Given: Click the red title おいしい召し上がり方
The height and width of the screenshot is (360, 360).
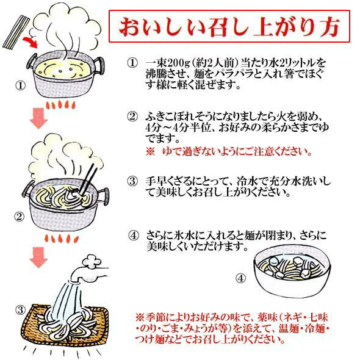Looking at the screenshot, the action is [x=229, y=27].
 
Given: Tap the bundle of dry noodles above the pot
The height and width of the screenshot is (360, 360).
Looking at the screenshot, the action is [x=16, y=32].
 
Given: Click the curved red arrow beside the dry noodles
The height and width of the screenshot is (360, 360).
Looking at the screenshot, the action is [x=30, y=43].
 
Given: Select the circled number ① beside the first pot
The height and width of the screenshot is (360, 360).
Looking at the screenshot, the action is [x=20, y=86].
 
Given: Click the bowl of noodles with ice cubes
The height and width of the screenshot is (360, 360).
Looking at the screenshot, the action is [x=292, y=271].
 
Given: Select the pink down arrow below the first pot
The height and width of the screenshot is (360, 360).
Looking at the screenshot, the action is [x=38, y=118].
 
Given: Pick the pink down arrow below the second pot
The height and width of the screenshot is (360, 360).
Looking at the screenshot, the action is [x=38, y=257].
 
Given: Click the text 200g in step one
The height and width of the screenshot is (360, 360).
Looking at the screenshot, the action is [x=178, y=63].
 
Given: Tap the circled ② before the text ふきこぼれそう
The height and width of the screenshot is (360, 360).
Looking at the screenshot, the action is [x=132, y=117].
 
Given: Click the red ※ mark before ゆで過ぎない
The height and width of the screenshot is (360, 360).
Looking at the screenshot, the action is [x=151, y=152].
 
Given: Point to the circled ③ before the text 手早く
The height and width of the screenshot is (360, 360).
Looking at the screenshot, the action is [x=132, y=182].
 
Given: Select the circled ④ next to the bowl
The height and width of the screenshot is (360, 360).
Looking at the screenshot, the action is [x=240, y=278].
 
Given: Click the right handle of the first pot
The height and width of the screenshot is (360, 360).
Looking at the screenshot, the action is [x=98, y=65].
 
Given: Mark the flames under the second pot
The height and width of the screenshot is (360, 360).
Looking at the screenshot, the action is [x=62, y=239].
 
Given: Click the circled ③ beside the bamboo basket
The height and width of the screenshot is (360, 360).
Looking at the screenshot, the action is [x=20, y=310].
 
